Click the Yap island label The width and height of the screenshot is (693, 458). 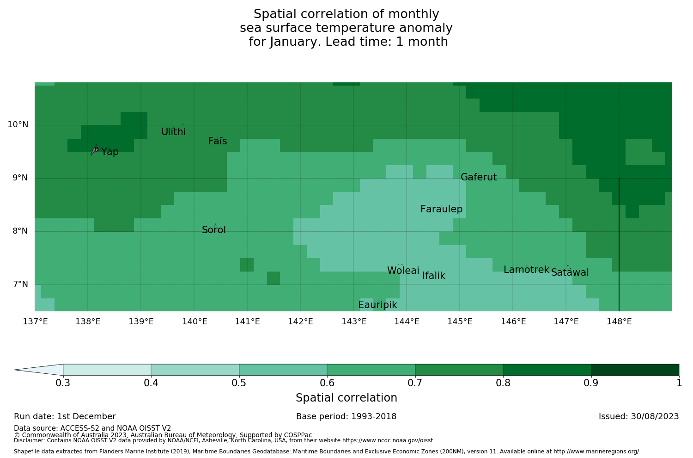[110, 152]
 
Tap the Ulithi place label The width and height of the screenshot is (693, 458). [173, 132]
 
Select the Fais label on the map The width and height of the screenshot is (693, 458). [217, 141]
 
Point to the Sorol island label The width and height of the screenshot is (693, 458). [214, 230]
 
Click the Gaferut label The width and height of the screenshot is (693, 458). [478, 177]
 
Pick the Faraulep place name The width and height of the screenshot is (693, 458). [441, 209]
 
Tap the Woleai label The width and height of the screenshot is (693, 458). [403, 271]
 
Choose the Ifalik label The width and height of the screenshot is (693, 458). [434, 276]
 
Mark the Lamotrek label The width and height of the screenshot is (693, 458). [526, 270]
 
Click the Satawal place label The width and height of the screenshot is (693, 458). [570, 272]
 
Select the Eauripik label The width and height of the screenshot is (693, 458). [377, 305]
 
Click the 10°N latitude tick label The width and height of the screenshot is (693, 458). [18, 124]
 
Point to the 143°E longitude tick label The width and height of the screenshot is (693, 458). [354, 322]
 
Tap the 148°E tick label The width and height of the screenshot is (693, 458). [619, 322]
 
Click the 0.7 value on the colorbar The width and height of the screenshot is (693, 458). [415, 383]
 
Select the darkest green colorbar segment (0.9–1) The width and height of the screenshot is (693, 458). [635, 370]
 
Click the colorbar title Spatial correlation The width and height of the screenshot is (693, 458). [346, 398]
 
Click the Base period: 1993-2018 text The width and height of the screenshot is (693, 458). [346, 416]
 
